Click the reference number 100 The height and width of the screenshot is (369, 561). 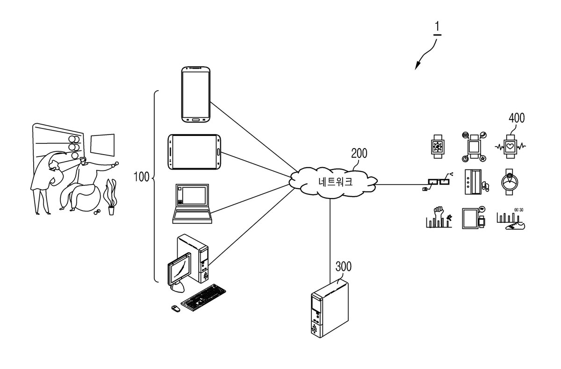pyautogui.click(x=142, y=177)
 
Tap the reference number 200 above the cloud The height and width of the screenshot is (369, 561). pyautogui.click(x=359, y=153)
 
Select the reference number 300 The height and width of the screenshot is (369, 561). pyautogui.click(x=343, y=266)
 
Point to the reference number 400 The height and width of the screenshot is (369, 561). pyautogui.click(x=517, y=118)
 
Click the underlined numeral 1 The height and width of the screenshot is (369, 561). pyautogui.click(x=437, y=27)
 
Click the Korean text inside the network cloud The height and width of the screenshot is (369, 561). pyautogui.click(x=335, y=182)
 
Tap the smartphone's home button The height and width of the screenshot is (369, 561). pyautogui.click(x=196, y=120)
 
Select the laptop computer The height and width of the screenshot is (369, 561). pyautogui.click(x=192, y=204)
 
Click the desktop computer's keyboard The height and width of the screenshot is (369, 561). pyautogui.click(x=203, y=298)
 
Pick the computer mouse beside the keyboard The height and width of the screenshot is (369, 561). pyautogui.click(x=176, y=308)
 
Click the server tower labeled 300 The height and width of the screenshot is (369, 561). pyautogui.click(x=330, y=308)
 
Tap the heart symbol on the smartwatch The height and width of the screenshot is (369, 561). pyautogui.click(x=510, y=146)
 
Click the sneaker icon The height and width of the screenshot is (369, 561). pyautogui.click(x=515, y=226)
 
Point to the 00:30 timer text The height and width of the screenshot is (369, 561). pyautogui.click(x=518, y=210)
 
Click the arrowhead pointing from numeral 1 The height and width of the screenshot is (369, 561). pyautogui.click(x=417, y=66)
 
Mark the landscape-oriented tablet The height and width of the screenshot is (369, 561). pyautogui.click(x=194, y=152)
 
